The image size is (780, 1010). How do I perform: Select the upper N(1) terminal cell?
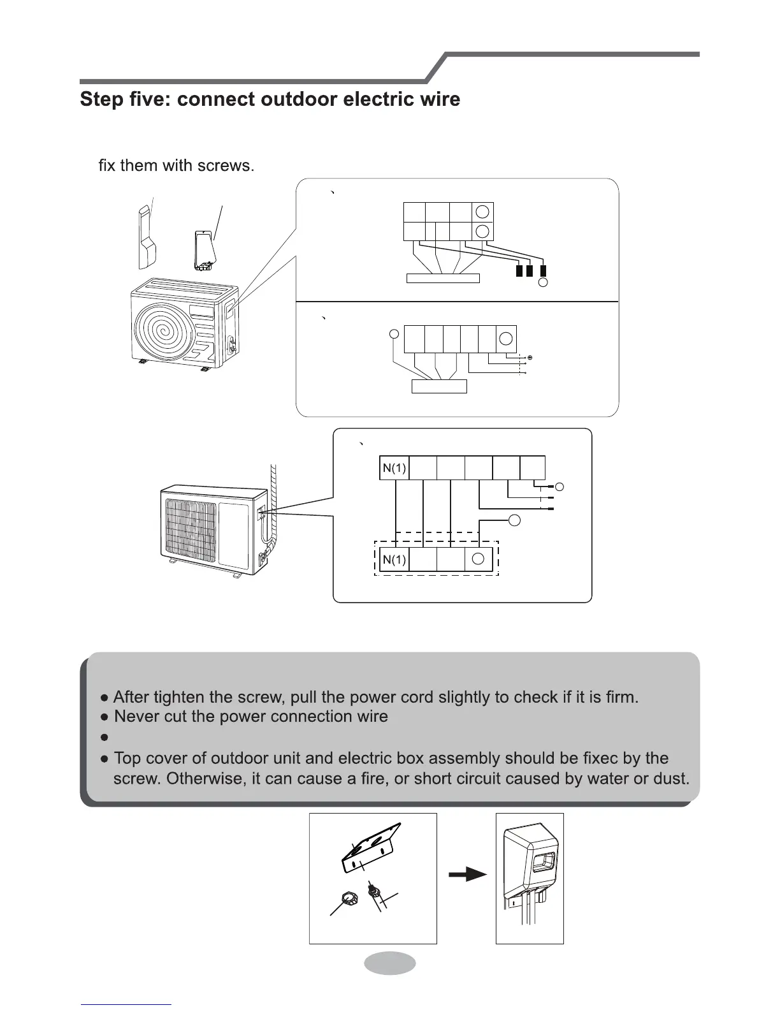394,469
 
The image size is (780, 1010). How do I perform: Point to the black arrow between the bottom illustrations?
467,875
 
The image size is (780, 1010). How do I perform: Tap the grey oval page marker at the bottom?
390,963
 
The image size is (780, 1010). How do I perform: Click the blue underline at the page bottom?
126,1004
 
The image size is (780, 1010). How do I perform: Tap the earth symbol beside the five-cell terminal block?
530,358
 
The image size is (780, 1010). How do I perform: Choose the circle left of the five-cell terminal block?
395,333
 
